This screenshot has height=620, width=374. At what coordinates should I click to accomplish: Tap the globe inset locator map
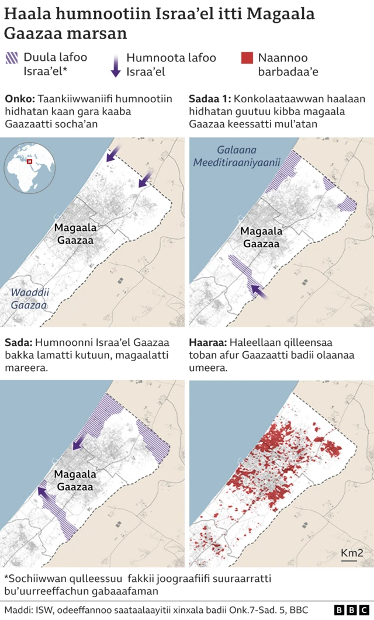pyautogui.click(x=29, y=168)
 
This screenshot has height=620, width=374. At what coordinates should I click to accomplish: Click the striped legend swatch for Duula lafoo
pyautogui.click(x=12, y=58)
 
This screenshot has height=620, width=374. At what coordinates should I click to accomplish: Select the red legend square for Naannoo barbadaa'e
pyautogui.click(x=247, y=58)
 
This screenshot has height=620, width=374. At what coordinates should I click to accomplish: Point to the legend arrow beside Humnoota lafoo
pyautogui.click(x=116, y=64)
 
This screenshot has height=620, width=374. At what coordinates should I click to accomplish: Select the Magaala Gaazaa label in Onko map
pyautogui.click(x=74, y=234)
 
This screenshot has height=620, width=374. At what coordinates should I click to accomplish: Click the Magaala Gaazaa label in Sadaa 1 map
pyautogui.click(x=261, y=237)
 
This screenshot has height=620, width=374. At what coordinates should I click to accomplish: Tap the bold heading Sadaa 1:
pyautogui.click(x=210, y=99)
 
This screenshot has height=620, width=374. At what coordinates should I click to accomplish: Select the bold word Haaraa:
pyautogui.click(x=207, y=342)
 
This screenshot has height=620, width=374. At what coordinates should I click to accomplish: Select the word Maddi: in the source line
pyautogui.click(x=18, y=610)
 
